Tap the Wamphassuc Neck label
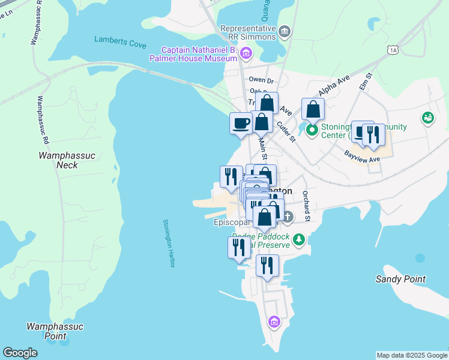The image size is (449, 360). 59,160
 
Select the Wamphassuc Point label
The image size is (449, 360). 55,331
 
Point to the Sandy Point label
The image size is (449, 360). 400,279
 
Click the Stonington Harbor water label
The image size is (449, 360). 168,244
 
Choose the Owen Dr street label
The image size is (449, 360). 261,80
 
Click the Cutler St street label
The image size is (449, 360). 286,131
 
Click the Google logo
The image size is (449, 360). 20,353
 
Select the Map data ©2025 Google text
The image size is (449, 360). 411,355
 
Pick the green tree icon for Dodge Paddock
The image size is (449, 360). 299,241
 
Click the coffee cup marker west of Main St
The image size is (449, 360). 241,123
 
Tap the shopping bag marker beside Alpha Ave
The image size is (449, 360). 313,109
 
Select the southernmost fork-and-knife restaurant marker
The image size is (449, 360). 267,265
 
